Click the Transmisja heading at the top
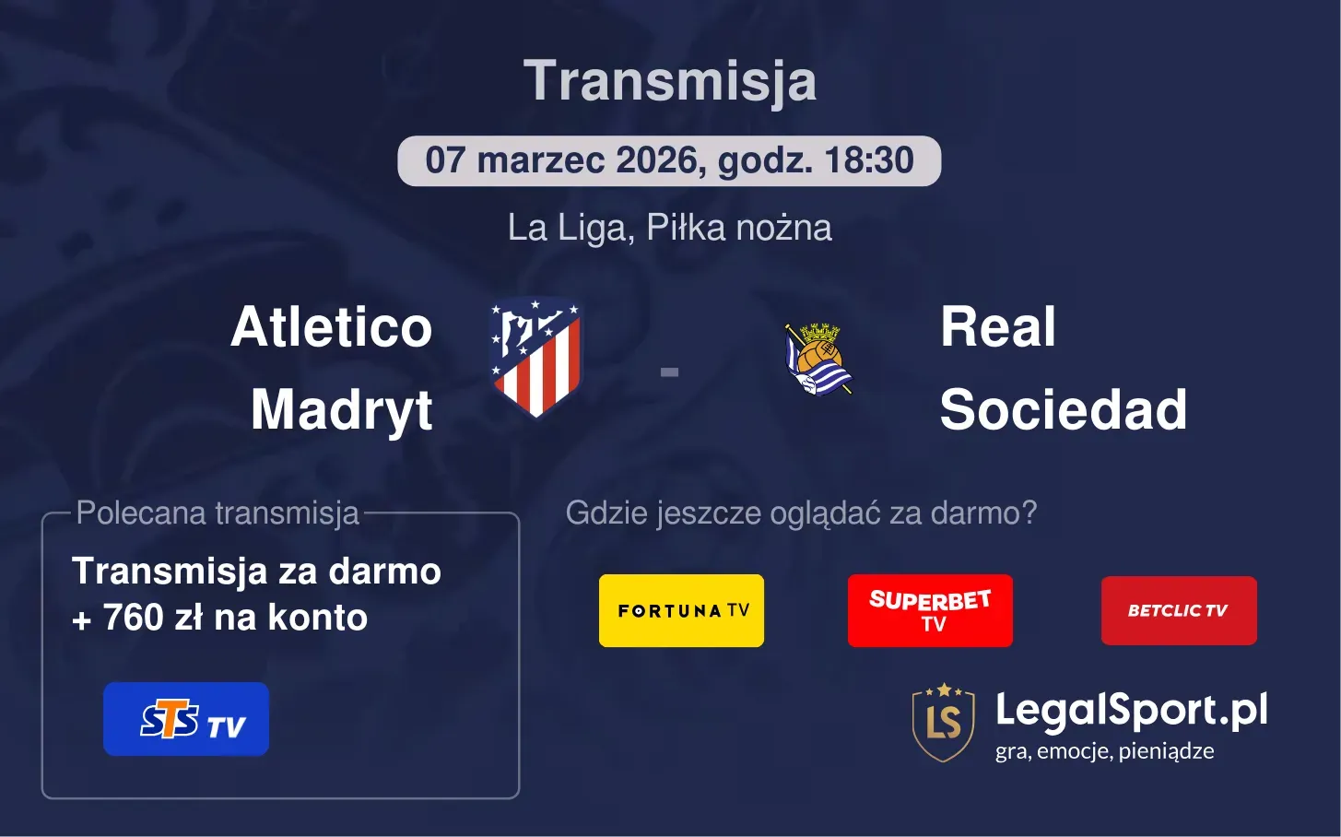coord(670,81)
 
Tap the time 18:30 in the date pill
coord(869,160)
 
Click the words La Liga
coord(566,228)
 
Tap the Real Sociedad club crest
coord(818,359)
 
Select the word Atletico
coord(332,327)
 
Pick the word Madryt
coord(342,409)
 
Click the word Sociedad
coord(1063,409)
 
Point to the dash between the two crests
coord(670,372)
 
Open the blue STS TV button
coord(186,719)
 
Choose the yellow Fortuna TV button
coord(681,610)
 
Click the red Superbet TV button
coord(930,610)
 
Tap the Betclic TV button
coord(1178,610)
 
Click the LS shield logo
coord(943,723)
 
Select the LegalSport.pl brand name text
coord(1131,710)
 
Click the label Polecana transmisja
coord(218,513)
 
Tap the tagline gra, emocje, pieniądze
coord(1104,751)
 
